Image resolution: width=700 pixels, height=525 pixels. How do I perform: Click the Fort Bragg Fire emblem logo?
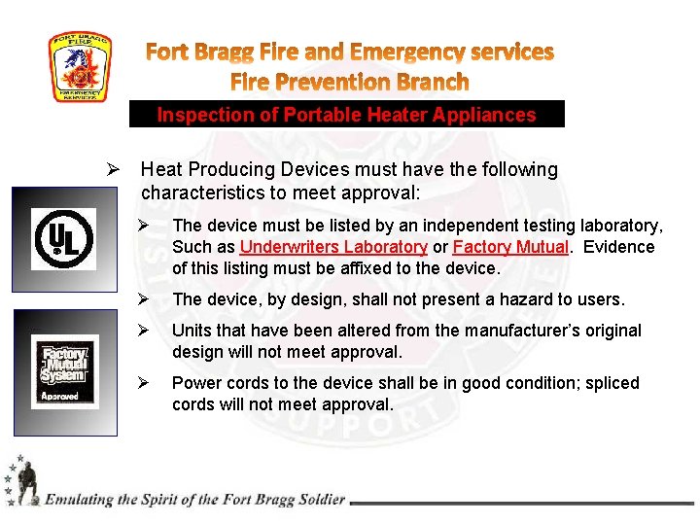pyautogui.click(x=81, y=67)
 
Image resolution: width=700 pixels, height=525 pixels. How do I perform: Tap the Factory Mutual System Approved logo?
pyautogui.click(x=64, y=372)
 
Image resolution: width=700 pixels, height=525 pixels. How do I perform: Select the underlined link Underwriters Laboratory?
pyautogui.click(x=333, y=247)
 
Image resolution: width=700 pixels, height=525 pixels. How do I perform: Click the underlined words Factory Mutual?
pyautogui.click(x=510, y=247)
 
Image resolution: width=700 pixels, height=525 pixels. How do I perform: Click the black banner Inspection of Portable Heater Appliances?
pyautogui.click(x=346, y=115)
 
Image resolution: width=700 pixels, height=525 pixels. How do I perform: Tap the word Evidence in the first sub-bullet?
pyautogui.click(x=617, y=247)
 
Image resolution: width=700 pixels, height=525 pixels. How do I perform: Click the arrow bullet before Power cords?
pyautogui.click(x=142, y=383)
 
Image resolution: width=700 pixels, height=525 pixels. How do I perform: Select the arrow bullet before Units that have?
pyautogui.click(x=142, y=331)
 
